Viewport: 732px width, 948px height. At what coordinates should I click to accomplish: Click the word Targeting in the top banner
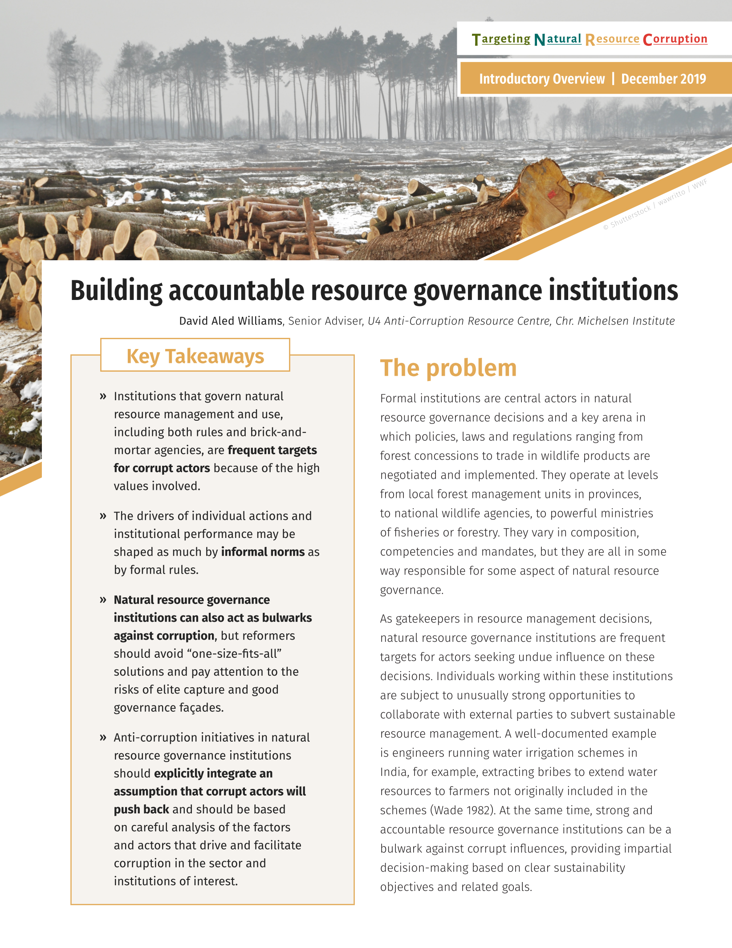click(501, 39)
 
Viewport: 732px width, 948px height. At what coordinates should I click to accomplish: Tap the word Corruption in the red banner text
click(675, 39)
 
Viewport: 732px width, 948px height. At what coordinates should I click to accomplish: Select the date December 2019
click(663, 79)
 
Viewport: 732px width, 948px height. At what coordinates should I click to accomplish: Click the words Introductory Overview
click(542, 79)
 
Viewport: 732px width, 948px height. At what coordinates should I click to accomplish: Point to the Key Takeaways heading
click(195, 356)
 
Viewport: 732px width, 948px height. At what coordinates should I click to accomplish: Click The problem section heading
click(448, 368)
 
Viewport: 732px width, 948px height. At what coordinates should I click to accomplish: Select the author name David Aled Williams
click(231, 321)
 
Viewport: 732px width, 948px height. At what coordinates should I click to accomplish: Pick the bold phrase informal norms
click(263, 552)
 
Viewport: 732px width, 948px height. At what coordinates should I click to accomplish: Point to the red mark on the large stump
click(552, 194)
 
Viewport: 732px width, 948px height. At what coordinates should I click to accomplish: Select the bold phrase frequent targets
click(272, 450)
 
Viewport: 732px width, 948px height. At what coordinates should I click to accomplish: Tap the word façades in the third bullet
click(201, 708)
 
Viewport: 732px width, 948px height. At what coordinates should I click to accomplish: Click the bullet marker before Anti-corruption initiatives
click(103, 738)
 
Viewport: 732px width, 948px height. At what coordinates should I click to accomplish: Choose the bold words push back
click(141, 809)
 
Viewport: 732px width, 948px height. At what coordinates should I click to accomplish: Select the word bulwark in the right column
click(401, 849)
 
